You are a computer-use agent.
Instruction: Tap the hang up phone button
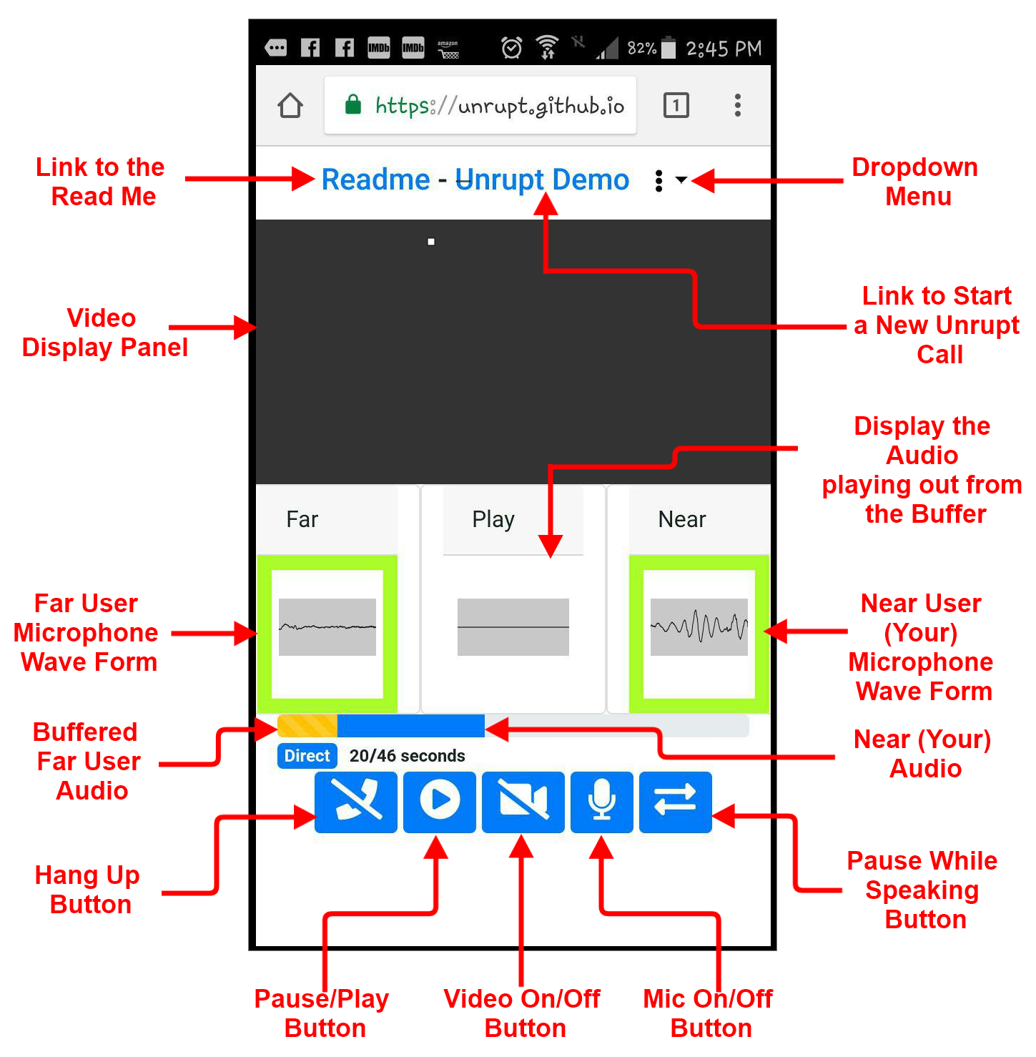coord(356,802)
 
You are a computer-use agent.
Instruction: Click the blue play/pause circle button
coord(440,802)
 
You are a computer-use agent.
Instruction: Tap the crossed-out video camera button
coord(523,802)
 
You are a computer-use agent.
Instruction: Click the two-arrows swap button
coord(676,802)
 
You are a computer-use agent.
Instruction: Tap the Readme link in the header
coord(375,180)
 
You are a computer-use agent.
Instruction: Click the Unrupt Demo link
coord(542,180)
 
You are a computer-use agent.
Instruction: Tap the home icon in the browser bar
coord(290,105)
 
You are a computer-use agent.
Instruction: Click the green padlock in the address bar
coord(353,104)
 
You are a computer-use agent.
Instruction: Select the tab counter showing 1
coord(676,105)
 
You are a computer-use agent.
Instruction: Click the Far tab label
coord(302,519)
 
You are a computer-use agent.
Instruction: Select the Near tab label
coord(682,519)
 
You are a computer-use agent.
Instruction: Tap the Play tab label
coord(493,520)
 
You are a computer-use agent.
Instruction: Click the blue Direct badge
coord(307,756)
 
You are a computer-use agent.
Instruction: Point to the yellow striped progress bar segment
coord(307,726)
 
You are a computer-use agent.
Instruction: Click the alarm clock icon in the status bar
coord(511,48)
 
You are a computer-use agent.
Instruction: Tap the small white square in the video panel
coord(431,242)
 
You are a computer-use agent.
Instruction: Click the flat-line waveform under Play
coord(513,627)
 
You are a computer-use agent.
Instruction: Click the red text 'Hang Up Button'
coord(88,890)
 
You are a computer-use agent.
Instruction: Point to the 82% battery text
coord(641,48)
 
